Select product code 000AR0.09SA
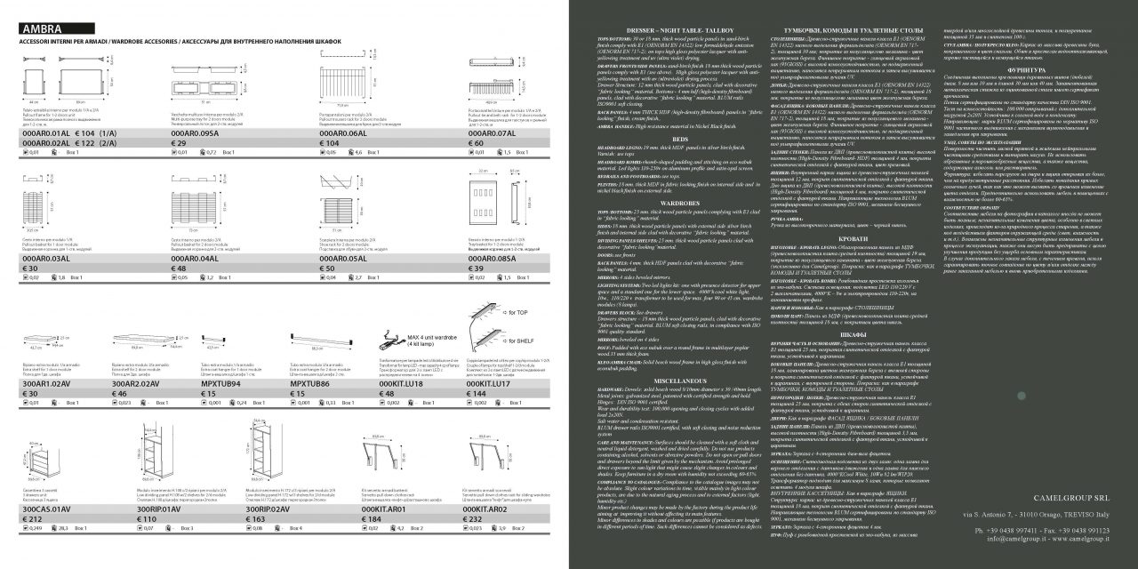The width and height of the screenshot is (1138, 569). tap(200, 132)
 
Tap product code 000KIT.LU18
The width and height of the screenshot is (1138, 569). tap(405, 383)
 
